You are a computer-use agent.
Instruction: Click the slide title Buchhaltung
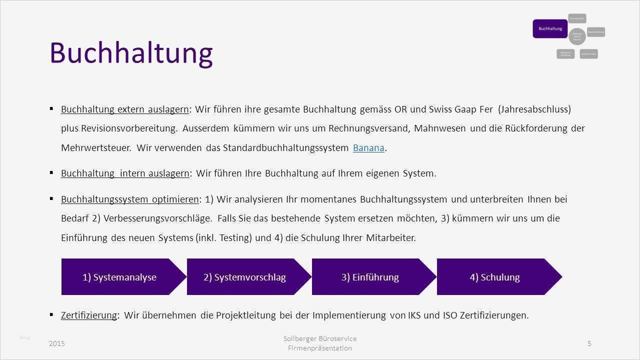(x=131, y=52)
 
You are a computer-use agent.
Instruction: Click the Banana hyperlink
(x=368, y=147)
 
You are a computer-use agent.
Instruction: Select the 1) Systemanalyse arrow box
(x=119, y=277)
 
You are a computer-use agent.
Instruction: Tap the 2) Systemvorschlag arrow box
(x=244, y=277)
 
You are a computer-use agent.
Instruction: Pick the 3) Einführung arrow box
(x=370, y=277)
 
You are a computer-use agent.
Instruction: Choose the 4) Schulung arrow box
(x=494, y=277)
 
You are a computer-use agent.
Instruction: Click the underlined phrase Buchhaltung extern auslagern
(x=125, y=109)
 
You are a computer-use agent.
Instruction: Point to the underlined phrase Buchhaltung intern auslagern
(x=125, y=173)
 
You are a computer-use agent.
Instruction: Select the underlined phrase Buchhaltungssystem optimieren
(x=130, y=199)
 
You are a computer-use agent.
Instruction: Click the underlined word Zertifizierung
(x=89, y=315)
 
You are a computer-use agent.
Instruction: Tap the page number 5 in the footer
(x=589, y=343)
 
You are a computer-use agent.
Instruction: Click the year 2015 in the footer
(x=57, y=343)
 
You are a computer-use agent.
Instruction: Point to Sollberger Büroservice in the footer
(x=320, y=338)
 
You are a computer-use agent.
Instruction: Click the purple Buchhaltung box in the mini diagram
(x=550, y=29)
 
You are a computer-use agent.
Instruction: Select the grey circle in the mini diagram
(x=577, y=36)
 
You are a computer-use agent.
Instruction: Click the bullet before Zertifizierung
(x=51, y=314)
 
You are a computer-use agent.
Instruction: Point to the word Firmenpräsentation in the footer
(x=320, y=348)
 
